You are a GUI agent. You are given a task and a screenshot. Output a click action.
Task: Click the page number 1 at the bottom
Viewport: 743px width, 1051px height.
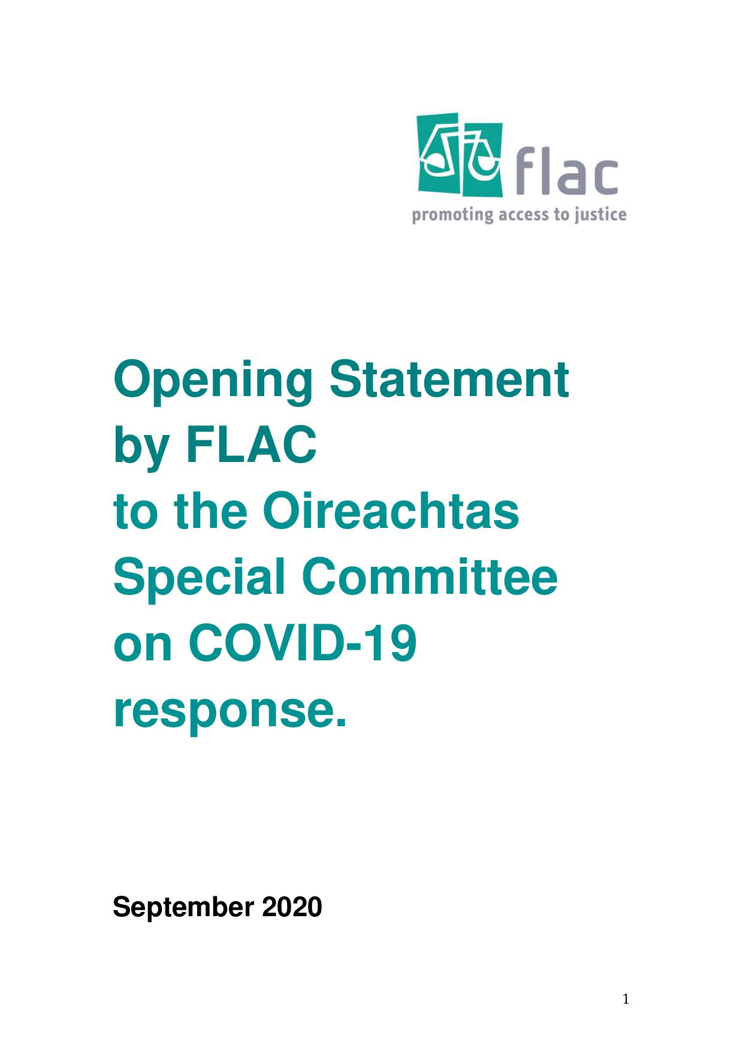coord(626,999)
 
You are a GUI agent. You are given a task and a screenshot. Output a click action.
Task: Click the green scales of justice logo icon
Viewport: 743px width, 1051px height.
coord(460,155)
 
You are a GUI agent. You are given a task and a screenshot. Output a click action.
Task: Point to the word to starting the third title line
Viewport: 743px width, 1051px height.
coord(135,514)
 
